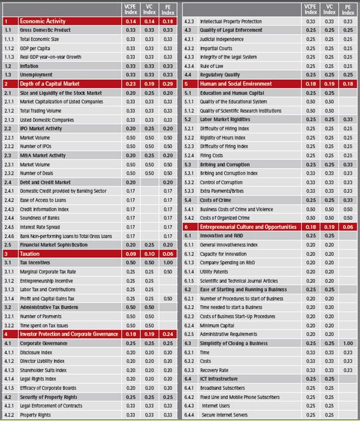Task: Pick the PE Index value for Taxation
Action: point(168,254)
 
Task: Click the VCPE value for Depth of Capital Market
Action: point(131,83)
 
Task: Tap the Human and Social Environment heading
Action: point(236,83)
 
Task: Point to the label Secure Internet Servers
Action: point(225,415)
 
